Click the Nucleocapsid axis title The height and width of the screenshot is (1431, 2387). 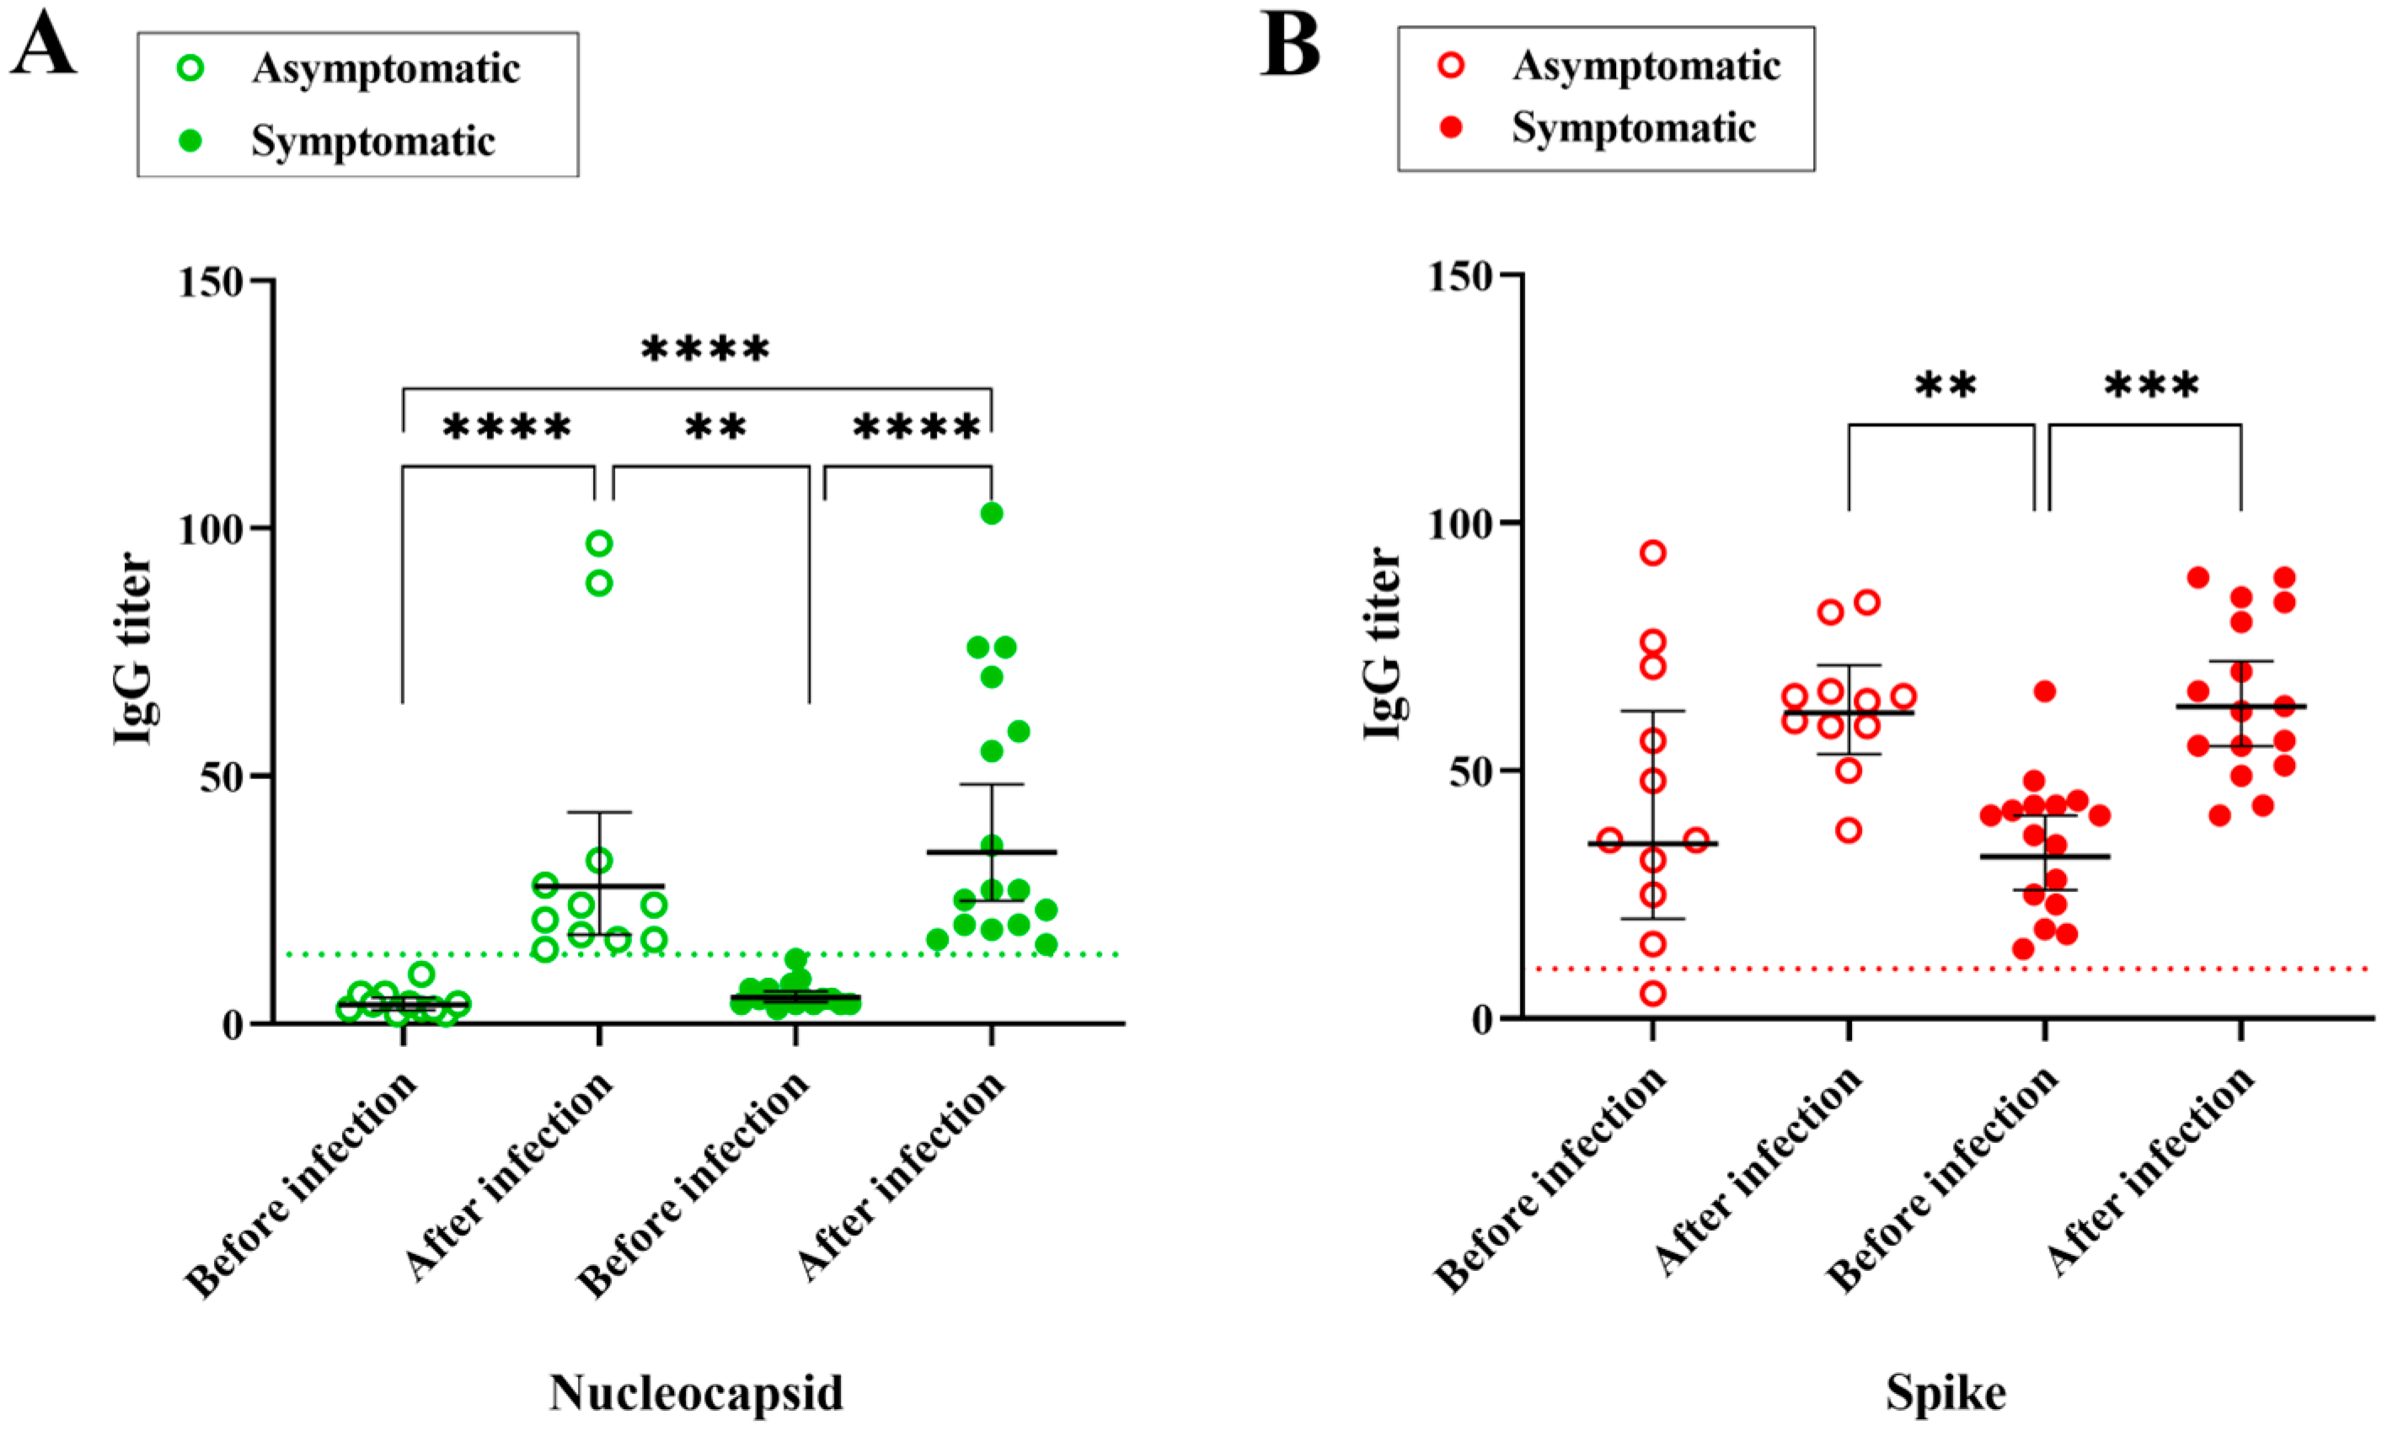(x=696, y=1392)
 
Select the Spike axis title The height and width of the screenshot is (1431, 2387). (x=1946, y=1392)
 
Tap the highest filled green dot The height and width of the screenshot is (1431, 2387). (x=992, y=513)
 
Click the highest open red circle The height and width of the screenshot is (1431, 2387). (x=1653, y=553)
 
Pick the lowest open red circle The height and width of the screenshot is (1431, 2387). (x=1653, y=993)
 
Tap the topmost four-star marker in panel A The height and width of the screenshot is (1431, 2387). (x=705, y=349)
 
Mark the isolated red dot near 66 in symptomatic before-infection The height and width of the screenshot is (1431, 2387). (x=2045, y=691)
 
